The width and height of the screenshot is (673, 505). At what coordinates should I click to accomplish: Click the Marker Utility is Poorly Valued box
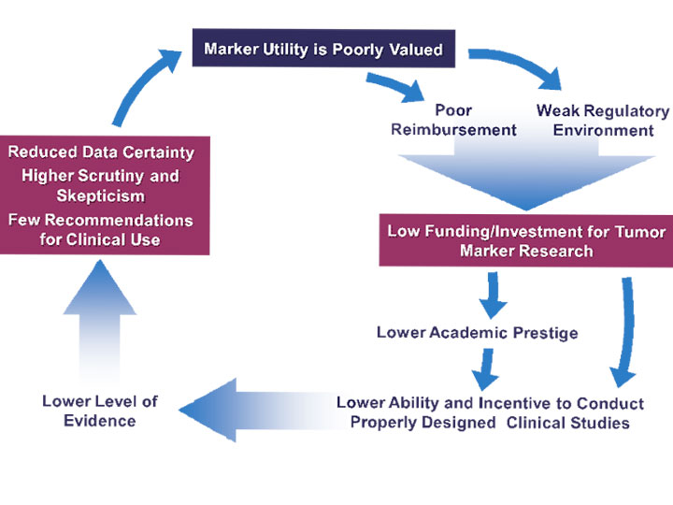click(x=322, y=49)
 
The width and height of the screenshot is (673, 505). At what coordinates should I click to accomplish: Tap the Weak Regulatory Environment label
click(x=602, y=121)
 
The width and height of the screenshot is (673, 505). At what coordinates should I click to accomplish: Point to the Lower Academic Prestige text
click(x=477, y=333)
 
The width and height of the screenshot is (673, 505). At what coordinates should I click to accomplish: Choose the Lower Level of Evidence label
click(x=100, y=411)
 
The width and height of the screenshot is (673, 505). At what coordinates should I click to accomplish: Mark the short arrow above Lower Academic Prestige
click(x=492, y=296)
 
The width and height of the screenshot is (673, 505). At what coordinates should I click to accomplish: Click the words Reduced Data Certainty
click(x=101, y=152)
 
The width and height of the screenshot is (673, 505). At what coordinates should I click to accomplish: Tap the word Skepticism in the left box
click(x=100, y=196)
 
